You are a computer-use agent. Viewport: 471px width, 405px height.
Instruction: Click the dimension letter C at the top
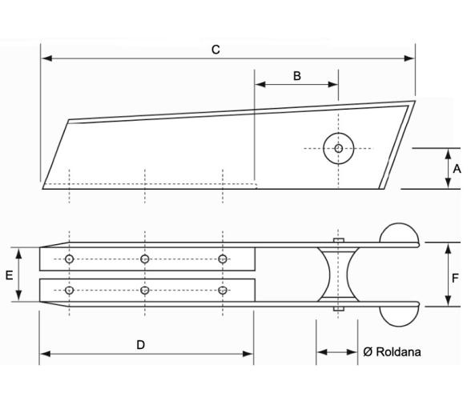click(215, 50)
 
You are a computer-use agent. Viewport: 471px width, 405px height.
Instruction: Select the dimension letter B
click(296, 76)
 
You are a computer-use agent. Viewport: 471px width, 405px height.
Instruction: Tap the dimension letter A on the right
click(457, 169)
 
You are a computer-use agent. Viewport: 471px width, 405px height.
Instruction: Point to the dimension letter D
click(141, 344)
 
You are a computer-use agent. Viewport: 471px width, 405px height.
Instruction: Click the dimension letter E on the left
click(9, 275)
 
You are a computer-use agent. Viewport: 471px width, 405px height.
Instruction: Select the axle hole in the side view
click(338, 148)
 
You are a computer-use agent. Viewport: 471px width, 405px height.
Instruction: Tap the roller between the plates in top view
click(337, 275)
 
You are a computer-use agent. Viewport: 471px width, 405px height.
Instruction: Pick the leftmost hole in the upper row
click(70, 259)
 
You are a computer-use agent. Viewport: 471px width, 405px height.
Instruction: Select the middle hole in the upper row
click(145, 259)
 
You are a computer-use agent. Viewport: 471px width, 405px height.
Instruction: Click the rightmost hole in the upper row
click(223, 259)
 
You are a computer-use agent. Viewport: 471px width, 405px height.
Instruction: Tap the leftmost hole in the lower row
click(70, 290)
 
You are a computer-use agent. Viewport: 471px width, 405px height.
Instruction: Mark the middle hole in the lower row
click(145, 290)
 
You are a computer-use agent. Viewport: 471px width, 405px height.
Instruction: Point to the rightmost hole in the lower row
click(223, 290)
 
